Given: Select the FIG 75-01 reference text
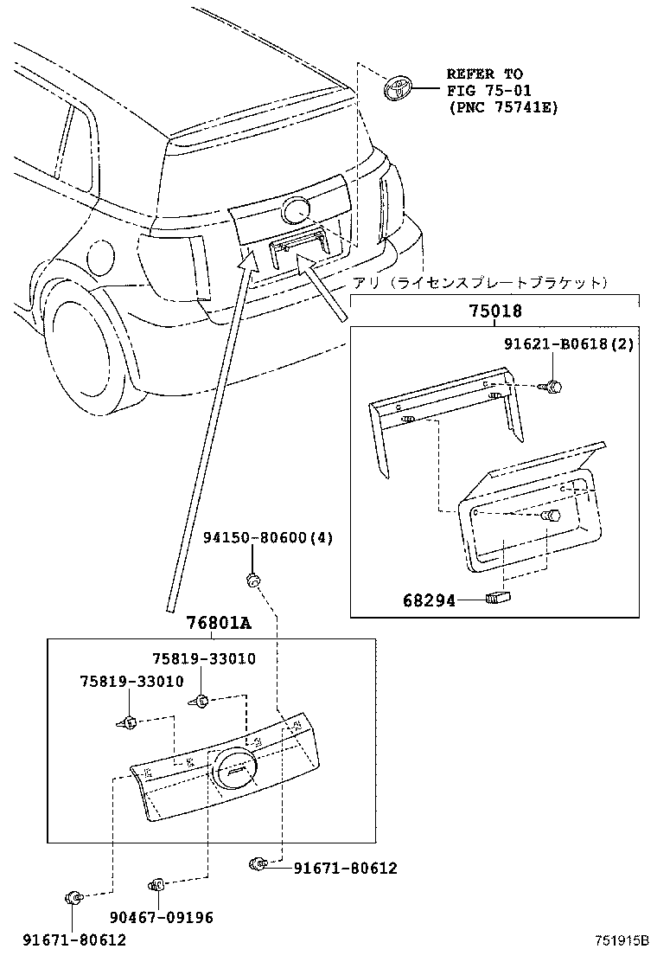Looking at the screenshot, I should click(x=489, y=91).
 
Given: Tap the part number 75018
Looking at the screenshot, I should click(x=495, y=312).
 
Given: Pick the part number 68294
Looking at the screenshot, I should click(x=428, y=599).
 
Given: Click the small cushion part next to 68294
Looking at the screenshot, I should click(x=499, y=597).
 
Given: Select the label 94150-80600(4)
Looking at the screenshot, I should click(x=267, y=537).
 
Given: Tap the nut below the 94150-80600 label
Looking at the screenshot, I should click(x=253, y=579).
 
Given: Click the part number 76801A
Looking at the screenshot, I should click(x=219, y=624).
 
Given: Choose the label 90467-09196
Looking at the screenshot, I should click(x=163, y=917).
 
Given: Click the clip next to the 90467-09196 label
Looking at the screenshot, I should click(x=157, y=884).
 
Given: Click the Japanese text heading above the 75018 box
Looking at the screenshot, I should click(x=480, y=283).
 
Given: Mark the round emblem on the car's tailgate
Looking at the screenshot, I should click(x=297, y=210).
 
